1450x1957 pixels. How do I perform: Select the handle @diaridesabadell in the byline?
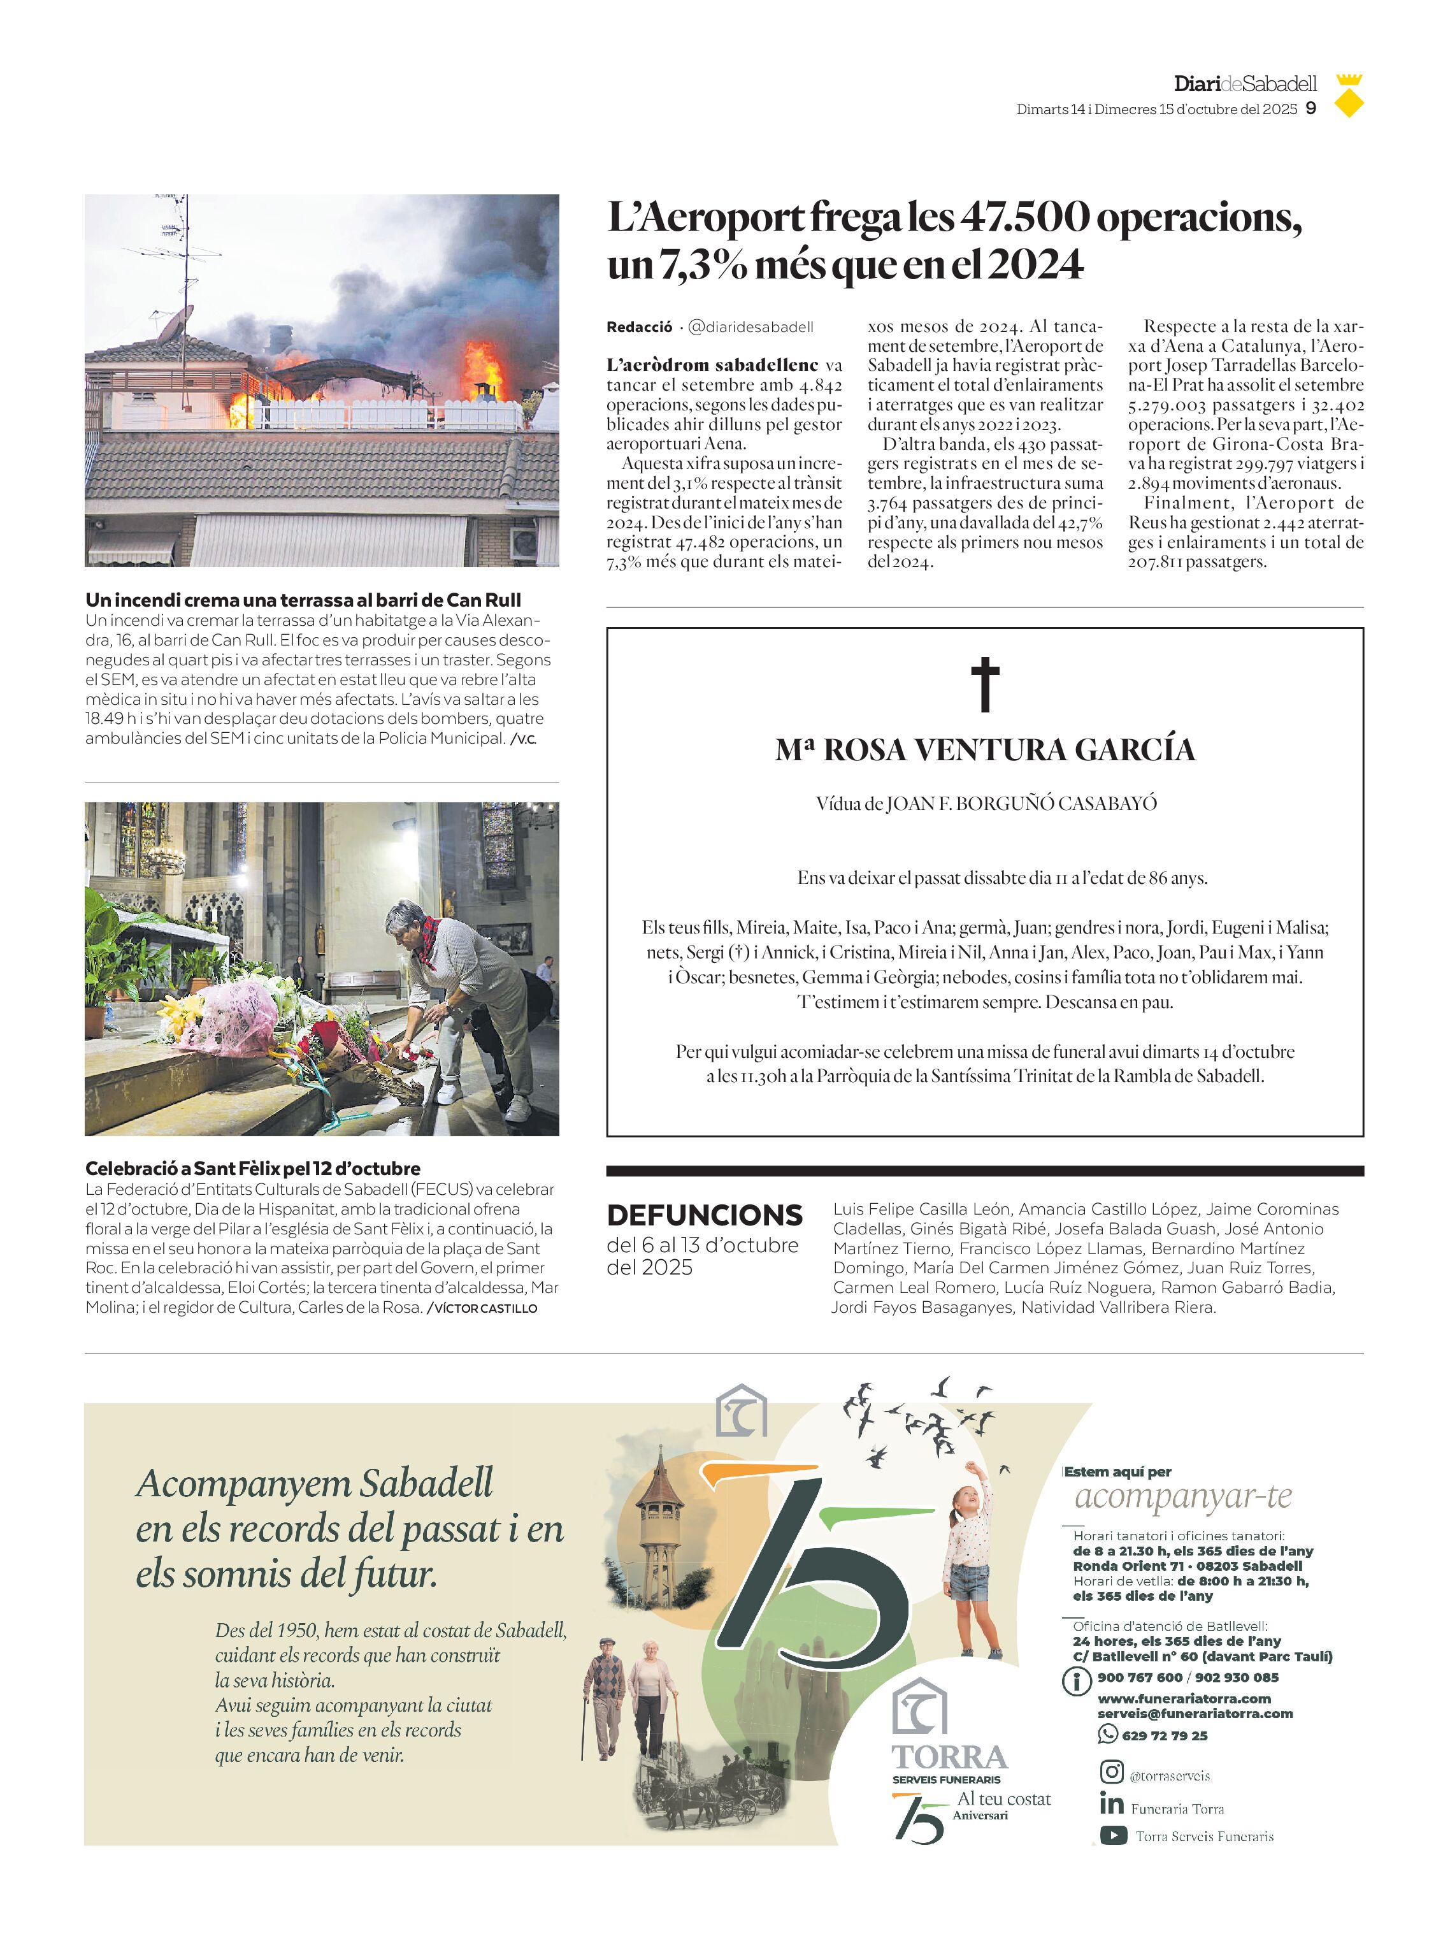(x=750, y=327)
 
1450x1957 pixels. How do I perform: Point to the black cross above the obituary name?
(x=985, y=684)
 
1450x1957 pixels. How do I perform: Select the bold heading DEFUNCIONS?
(x=704, y=1215)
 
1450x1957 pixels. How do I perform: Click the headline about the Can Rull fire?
(x=303, y=600)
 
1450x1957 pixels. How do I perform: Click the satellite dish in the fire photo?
(x=176, y=326)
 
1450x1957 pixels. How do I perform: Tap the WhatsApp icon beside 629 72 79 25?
(x=1106, y=1734)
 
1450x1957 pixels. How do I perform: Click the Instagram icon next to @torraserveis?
(x=1111, y=1772)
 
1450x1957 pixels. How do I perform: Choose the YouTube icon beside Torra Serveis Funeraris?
(x=1113, y=1835)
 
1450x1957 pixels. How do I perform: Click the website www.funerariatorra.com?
(x=1183, y=1698)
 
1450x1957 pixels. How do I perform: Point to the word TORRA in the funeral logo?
(x=950, y=1757)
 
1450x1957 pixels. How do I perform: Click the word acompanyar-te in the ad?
(x=1182, y=1497)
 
